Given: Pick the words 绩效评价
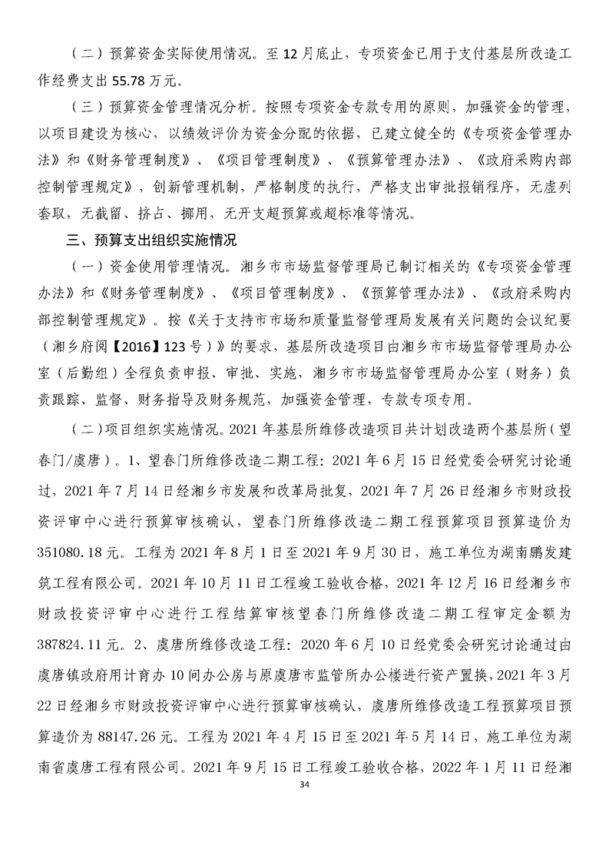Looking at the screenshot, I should click(x=278, y=133).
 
